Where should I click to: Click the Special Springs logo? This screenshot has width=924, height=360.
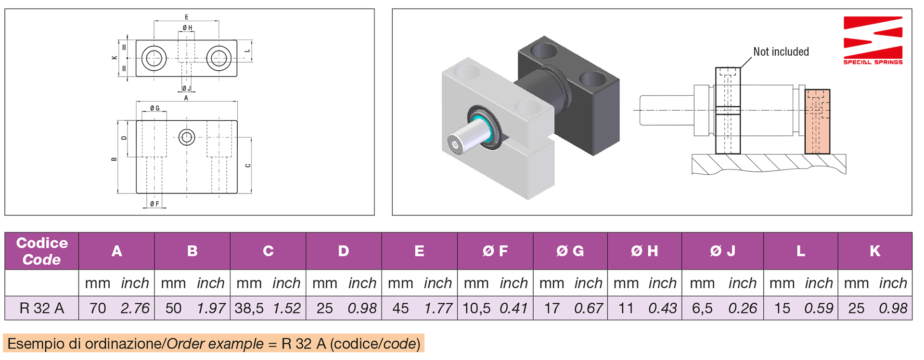[x=873, y=39]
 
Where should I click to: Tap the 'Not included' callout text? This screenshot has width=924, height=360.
[x=781, y=52]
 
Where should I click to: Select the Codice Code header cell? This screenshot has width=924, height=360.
[x=42, y=251]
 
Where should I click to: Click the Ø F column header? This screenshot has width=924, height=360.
[x=495, y=251]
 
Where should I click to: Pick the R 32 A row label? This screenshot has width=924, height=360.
[x=42, y=309]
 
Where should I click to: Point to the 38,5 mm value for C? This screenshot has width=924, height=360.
[x=249, y=309]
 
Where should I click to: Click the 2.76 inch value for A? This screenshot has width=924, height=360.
[x=135, y=309]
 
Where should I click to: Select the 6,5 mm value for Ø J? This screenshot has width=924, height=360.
[x=702, y=309]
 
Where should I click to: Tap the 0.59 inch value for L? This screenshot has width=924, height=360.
[x=818, y=309]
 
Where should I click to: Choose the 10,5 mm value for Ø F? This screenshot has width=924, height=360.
[x=476, y=309]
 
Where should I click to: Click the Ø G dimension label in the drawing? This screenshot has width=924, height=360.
[x=154, y=108]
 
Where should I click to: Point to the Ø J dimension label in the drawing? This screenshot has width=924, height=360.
[x=186, y=89]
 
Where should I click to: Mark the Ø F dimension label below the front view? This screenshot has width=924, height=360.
[x=154, y=204]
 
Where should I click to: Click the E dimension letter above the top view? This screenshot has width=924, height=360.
[x=187, y=17]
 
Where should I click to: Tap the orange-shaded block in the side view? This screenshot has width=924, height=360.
[x=817, y=122]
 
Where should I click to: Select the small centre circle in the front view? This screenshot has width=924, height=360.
[x=187, y=138]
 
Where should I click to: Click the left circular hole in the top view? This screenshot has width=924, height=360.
[x=154, y=58]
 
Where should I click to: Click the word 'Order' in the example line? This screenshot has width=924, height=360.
[x=181, y=344]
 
